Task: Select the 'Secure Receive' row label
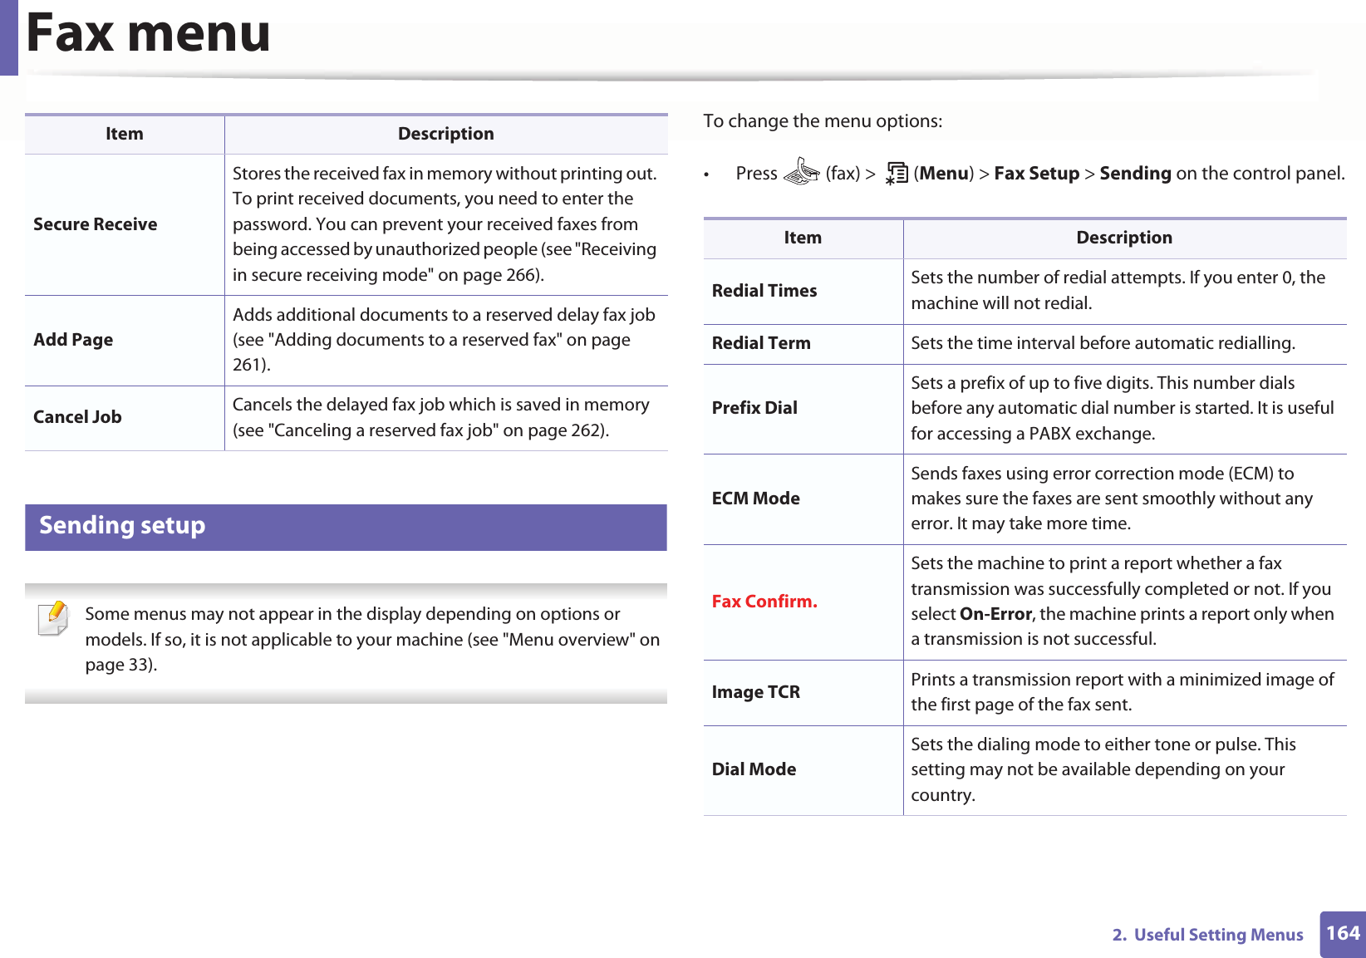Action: point(96,224)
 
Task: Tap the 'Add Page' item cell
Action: point(73,340)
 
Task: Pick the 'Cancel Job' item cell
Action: point(77,417)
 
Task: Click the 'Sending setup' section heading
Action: point(122,526)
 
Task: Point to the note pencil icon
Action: point(54,618)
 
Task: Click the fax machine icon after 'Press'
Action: point(801,172)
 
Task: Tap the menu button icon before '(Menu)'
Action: point(897,173)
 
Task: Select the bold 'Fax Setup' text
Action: point(1036,174)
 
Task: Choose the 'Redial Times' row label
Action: point(764,291)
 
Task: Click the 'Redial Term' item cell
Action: point(761,343)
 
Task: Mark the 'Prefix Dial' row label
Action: point(754,408)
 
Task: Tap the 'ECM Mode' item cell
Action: point(756,499)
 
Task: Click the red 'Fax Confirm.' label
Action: point(764,602)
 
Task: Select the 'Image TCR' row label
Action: point(756,692)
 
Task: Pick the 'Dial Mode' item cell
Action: point(754,769)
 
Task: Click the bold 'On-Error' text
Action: point(995,614)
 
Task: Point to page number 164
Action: point(1342,933)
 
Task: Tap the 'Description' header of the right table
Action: point(1123,238)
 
